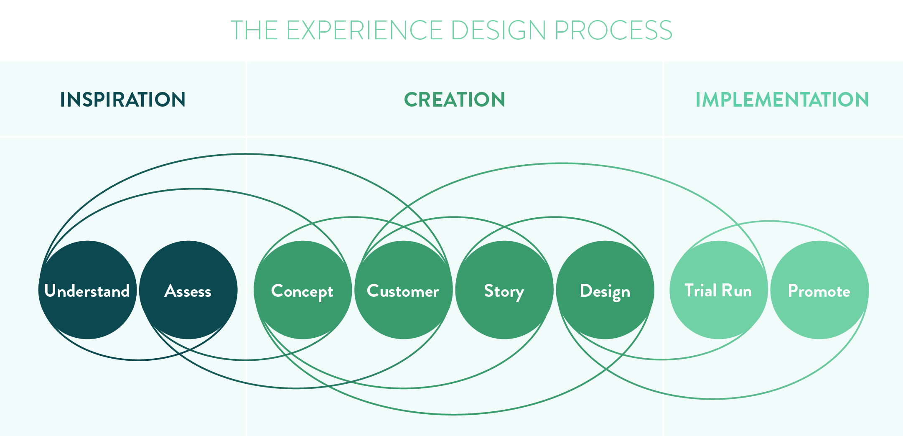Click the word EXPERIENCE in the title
click(364, 30)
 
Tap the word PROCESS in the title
click(613, 30)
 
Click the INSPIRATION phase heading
click(123, 100)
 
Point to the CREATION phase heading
click(455, 100)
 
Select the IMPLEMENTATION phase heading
click(782, 100)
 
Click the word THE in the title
click(254, 30)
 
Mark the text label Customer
click(403, 291)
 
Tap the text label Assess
click(188, 291)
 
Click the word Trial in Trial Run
click(700, 291)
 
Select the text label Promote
click(819, 291)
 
